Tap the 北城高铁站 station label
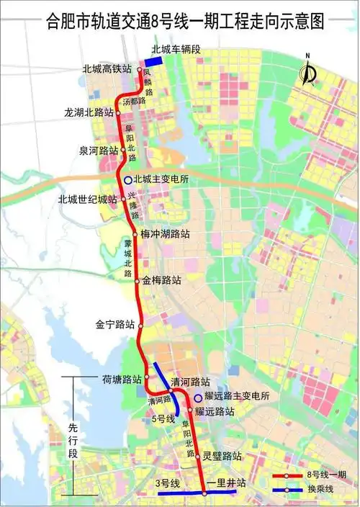107,70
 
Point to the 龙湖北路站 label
89,113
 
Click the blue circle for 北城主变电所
127,180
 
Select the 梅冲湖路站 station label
165,234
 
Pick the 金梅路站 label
162,279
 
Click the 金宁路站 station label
115,325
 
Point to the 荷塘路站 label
120,380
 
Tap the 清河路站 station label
190,382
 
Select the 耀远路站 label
215,412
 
